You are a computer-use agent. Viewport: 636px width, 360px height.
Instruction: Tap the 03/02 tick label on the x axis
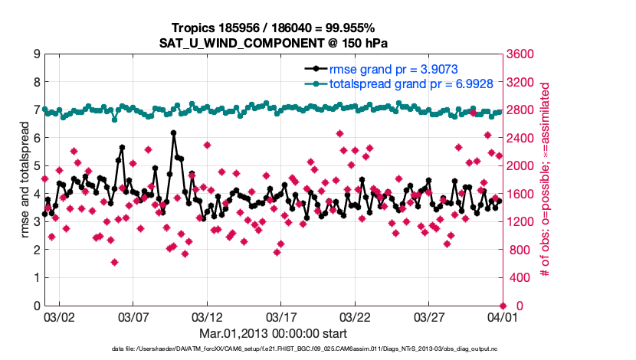point(59,316)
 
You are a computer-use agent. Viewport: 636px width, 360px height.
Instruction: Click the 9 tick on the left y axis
point(36,54)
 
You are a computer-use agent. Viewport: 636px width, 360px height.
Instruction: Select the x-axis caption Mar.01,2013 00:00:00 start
point(272,333)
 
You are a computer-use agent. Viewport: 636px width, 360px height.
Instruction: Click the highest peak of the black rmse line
point(174,133)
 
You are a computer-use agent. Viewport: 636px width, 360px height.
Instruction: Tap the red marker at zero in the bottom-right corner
point(501,306)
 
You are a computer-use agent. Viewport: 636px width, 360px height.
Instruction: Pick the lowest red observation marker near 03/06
point(114,262)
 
